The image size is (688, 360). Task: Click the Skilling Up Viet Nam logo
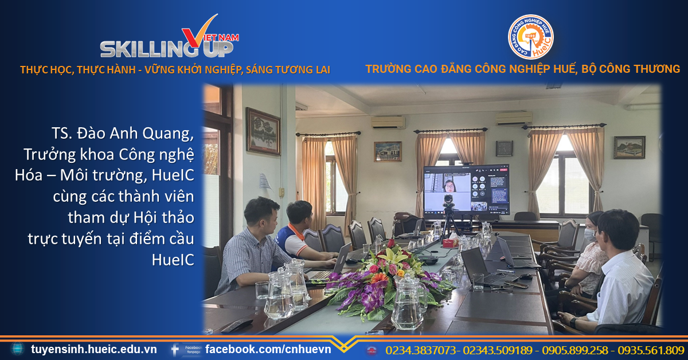tap(170, 36)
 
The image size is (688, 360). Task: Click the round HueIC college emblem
tap(530, 37)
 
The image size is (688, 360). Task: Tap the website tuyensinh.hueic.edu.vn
tap(93, 349)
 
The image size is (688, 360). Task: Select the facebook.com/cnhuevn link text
tap(268, 349)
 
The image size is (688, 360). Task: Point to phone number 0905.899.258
tap(575, 350)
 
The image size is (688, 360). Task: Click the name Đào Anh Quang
tap(135, 134)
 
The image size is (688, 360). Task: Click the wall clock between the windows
tap(505, 148)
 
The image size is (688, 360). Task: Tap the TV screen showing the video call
tap(466, 190)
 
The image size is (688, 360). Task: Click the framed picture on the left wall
tap(263, 131)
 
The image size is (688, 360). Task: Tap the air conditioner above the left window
tap(388, 122)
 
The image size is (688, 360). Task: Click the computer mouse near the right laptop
tap(526, 276)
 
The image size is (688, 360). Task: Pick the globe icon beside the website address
tap(18, 349)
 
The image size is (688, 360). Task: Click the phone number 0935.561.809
tap(651, 350)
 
